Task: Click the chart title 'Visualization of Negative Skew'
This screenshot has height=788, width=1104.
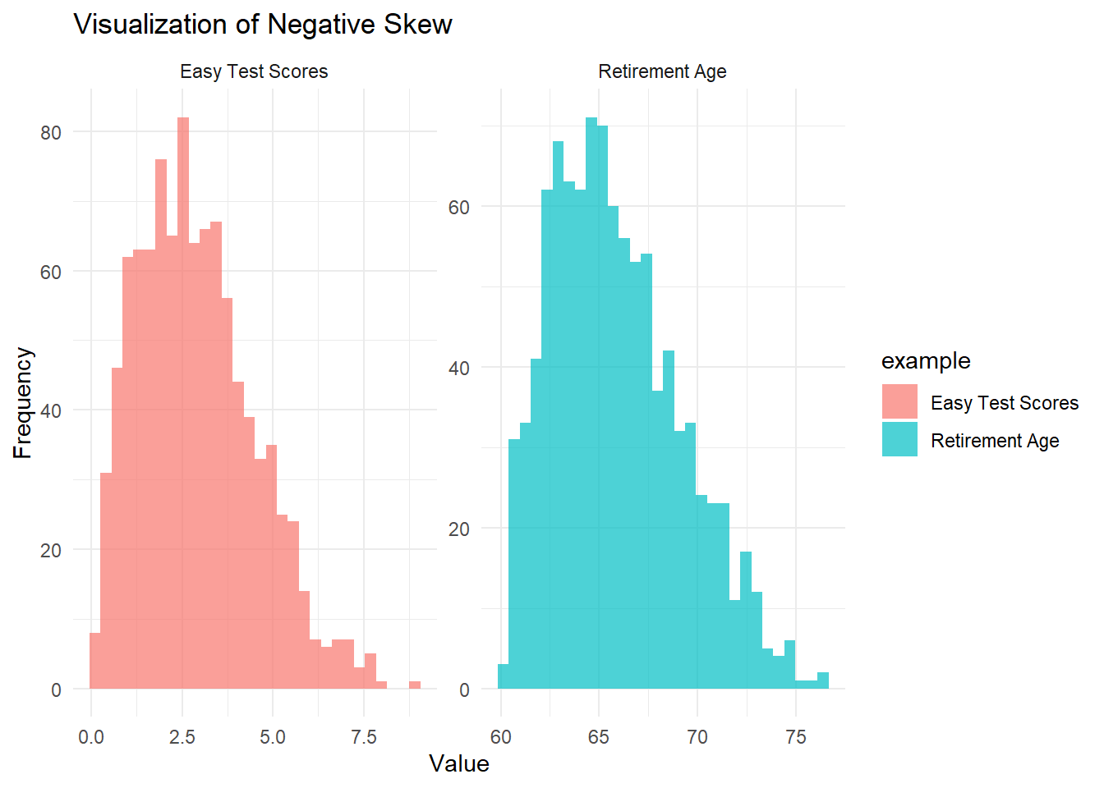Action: (x=263, y=25)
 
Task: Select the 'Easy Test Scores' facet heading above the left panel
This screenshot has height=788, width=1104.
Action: (x=254, y=72)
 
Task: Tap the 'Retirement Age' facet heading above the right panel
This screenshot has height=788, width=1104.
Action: (x=662, y=72)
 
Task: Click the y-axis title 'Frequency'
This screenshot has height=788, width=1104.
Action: (x=23, y=402)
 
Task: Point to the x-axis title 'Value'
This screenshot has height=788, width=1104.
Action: (x=458, y=764)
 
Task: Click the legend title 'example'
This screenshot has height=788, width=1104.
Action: (x=926, y=361)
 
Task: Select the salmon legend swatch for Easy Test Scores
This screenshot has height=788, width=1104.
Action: (x=899, y=402)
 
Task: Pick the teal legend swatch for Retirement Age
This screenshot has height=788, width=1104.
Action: (x=899, y=440)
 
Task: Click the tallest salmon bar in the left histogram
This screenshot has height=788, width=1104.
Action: (x=183, y=402)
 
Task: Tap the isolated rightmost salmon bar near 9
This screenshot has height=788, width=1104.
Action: (x=415, y=685)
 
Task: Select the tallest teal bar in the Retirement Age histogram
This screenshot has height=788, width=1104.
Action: (x=591, y=402)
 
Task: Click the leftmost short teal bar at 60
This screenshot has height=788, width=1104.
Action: (x=503, y=677)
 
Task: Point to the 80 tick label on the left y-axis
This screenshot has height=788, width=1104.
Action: (x=51, y=133)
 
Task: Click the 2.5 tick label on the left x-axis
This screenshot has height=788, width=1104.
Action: (x=182, y=738)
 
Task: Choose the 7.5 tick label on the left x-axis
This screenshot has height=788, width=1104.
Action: (x=364, y=738)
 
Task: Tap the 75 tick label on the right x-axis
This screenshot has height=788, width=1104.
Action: (x=795, y=738)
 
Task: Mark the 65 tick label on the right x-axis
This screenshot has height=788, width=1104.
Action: (x=598, y=738)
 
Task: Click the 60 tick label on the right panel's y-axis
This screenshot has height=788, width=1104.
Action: (x=458, y=208)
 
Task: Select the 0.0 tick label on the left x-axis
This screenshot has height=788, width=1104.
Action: (x=90, y=738)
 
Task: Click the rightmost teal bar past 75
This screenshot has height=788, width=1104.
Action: (x=823, y=681)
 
